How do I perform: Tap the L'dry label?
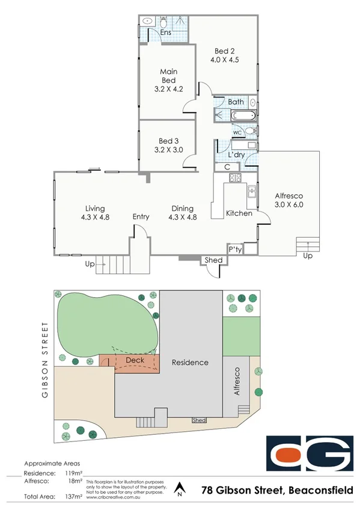236,155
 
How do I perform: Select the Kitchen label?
239,214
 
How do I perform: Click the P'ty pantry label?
234,248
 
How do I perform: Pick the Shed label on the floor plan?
213,260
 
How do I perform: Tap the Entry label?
141,217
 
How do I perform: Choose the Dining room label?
182,207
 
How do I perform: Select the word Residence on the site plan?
190,362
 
